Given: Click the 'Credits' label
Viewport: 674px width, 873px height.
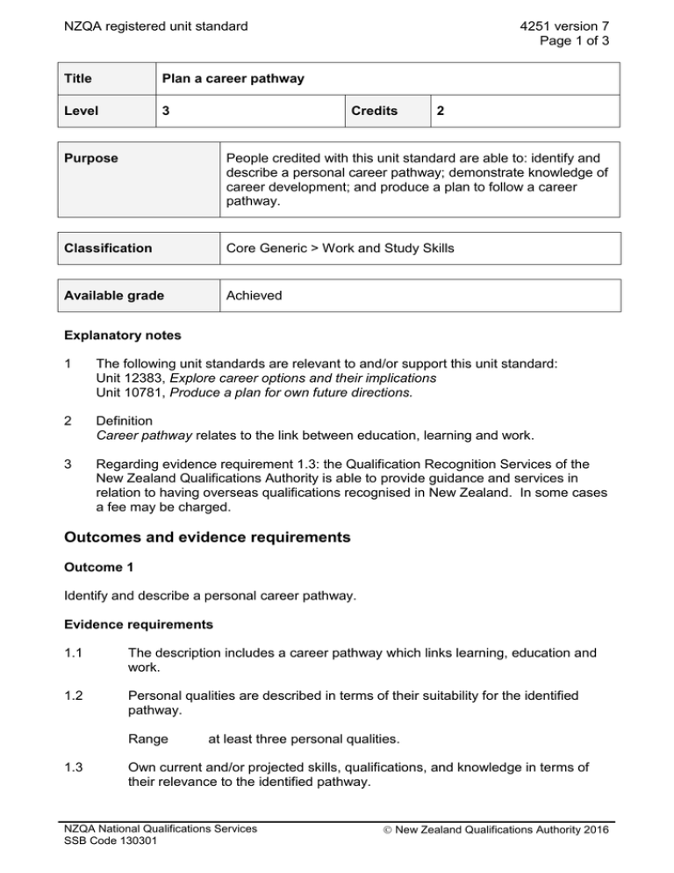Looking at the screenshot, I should pyautogui.click(x=374, y=112).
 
